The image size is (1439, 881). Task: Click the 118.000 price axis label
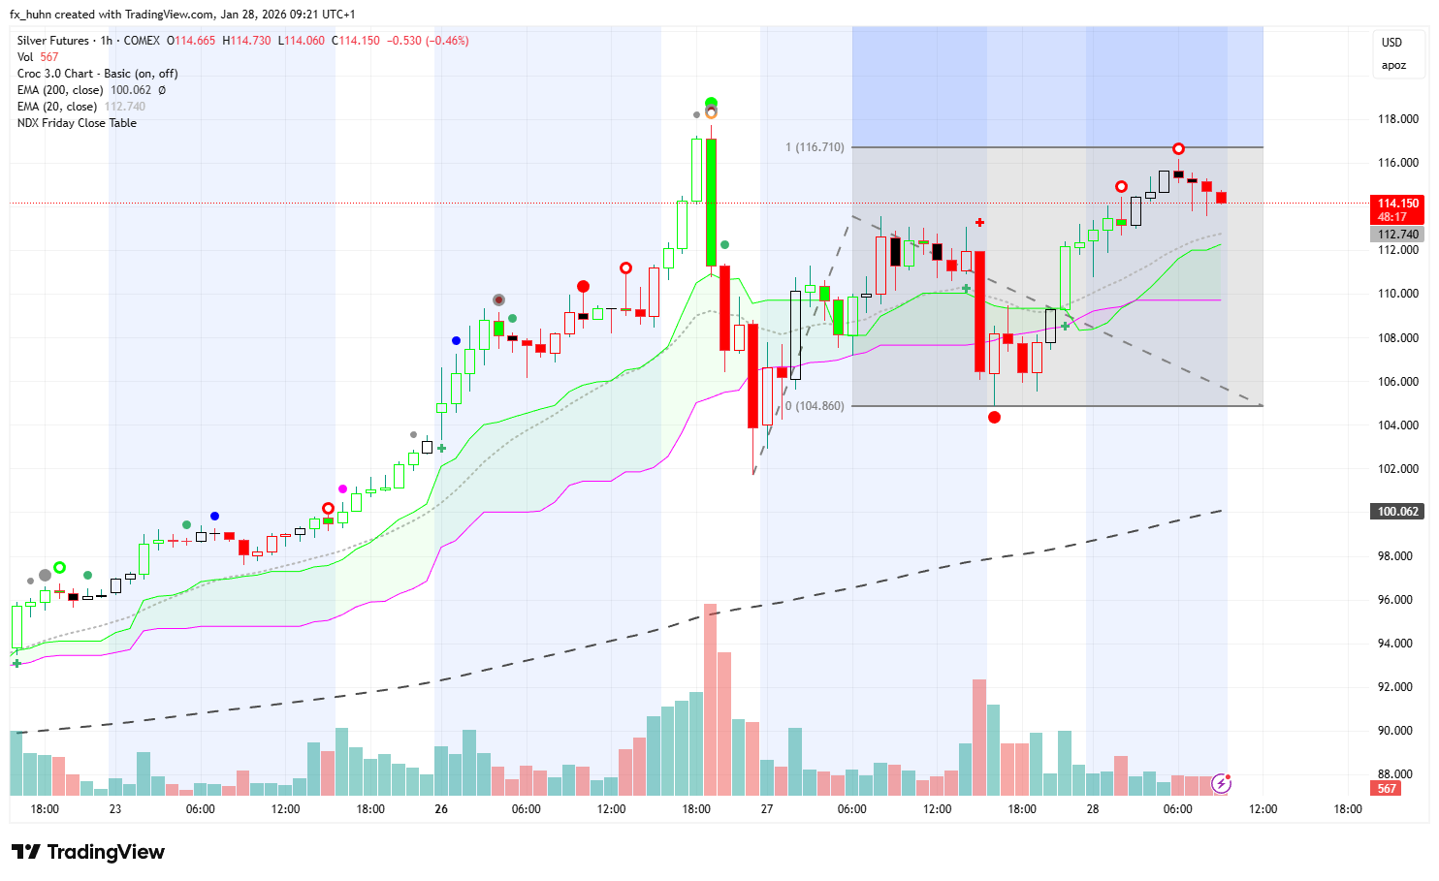point(1397,119)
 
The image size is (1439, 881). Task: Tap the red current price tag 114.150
point(1397,209)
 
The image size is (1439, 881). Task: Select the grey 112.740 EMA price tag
point(1397,235)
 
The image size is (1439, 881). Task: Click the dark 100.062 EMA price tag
point(1397,512)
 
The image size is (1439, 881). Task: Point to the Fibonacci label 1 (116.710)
point(815,147)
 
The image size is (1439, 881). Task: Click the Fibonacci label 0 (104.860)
point(815,406)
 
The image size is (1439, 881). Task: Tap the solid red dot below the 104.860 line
point(994,417)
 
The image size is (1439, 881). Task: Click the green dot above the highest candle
point(711,103)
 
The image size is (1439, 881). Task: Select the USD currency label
point(1391,43)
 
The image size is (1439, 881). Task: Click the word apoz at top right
point(1393,66)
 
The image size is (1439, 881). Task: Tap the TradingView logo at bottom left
point(88,852)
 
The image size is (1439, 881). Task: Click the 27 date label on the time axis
point(767,809)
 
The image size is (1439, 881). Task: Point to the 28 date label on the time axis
point(1093,809)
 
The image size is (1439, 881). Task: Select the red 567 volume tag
point(1387,789)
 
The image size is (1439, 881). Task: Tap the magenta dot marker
point(342,488)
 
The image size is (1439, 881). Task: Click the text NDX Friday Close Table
point(77,123)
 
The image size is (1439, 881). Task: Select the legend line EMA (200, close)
point(60,90)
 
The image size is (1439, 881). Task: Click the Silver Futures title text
point(53,41)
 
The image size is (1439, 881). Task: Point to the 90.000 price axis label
point(1397,731)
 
